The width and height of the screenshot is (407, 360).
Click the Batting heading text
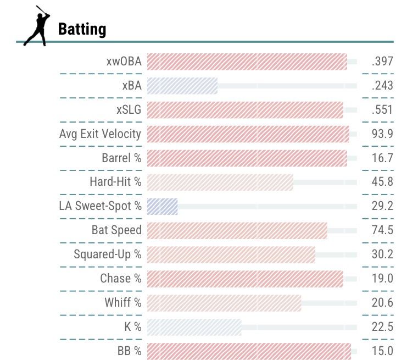82,29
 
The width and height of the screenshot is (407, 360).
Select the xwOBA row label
124,62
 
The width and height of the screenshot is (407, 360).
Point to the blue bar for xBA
182,86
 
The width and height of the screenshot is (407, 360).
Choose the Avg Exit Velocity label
100,134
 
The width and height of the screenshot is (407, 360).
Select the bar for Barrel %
247,158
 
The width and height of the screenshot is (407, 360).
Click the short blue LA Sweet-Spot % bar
163,206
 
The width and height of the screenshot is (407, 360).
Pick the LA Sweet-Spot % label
100,206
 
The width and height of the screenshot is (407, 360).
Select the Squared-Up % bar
231,254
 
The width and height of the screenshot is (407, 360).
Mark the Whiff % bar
224,303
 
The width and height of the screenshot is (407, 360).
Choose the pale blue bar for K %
194,327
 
